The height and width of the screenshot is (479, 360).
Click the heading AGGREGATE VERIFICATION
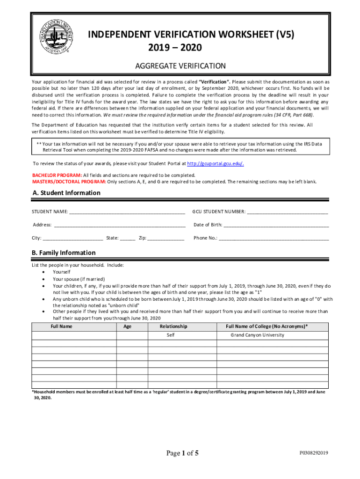point(180,66)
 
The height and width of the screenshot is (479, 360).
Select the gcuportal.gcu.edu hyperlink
point(215,164)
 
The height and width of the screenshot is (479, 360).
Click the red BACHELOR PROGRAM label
point(57,175)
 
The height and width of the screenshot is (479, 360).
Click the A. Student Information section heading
point(66,193)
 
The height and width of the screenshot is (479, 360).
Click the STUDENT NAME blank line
point(127,212)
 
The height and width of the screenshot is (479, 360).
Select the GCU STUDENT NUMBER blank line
point(287,212)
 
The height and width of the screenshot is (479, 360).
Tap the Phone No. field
point(274,238)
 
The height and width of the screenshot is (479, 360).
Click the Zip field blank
point(166,238)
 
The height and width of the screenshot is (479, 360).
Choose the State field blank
point(128,238)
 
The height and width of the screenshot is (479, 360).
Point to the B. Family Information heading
point(64,253)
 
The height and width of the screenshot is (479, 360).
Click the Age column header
point(127,327)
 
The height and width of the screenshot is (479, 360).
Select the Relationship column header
point(173,327)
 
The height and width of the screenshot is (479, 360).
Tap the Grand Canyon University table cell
point(257,335)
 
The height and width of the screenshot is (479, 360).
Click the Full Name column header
point(61,327)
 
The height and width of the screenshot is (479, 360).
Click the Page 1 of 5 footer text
point(183,453)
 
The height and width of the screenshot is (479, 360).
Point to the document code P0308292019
point(314,453)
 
